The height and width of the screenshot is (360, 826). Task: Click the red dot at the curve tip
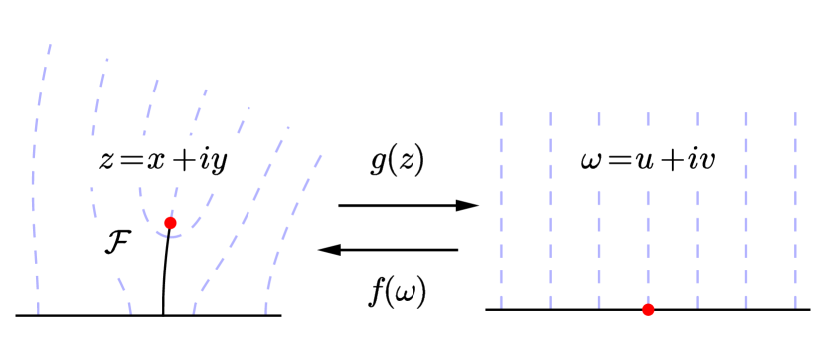coord(170,223)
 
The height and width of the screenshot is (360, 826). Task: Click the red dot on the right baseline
coord(648,310)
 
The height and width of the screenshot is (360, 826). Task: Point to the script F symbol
coord(117,243)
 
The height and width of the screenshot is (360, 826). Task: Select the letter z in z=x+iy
coord(107,162)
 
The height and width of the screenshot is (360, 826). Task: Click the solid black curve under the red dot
coord(164,273)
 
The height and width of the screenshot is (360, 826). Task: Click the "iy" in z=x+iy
coord(215,162)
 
